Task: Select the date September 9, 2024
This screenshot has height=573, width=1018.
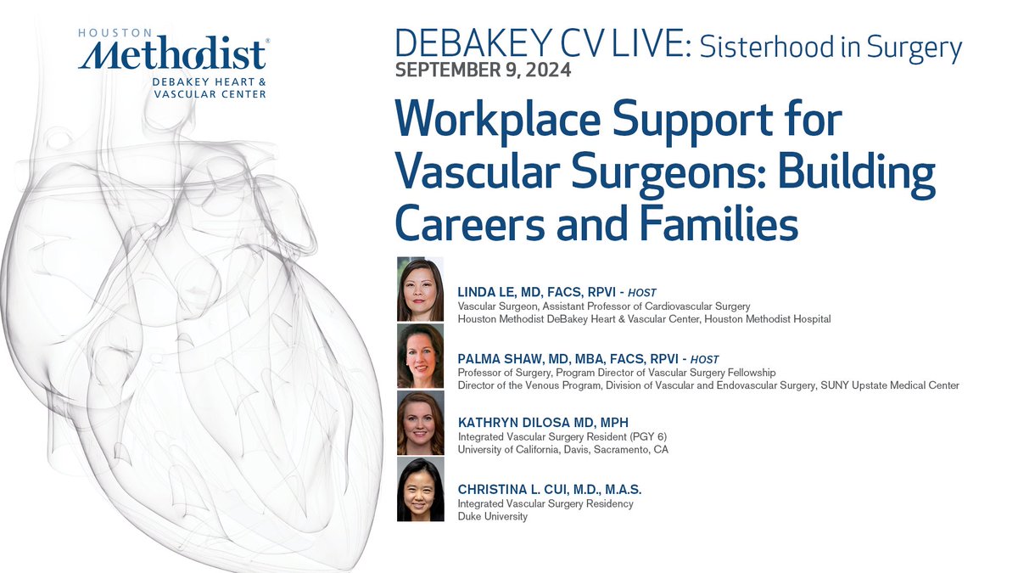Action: pos(483,70)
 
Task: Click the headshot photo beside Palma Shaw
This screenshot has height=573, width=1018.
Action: pos(420,356)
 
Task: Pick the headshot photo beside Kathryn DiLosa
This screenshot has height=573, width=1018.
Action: pos(420,423)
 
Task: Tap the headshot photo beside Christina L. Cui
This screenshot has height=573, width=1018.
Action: pos(420,490)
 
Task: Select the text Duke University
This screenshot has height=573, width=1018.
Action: pos(492,516)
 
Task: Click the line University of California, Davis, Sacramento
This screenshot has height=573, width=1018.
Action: pos(562,449)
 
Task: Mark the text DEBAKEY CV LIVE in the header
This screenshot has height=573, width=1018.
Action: pos(540,45)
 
